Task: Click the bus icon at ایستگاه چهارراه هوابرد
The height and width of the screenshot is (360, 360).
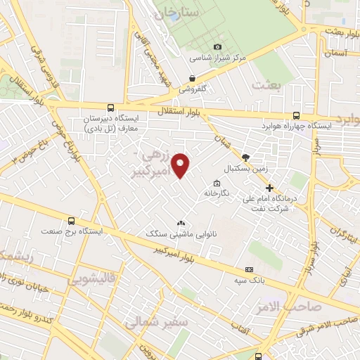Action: click(295, 116)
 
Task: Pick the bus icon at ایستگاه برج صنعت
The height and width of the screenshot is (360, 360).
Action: click(71, 221)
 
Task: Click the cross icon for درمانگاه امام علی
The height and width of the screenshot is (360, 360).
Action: click(270, 188)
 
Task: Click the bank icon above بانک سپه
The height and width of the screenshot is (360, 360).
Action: click(249, 269)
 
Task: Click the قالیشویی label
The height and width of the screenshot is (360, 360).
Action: click(91, 279)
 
